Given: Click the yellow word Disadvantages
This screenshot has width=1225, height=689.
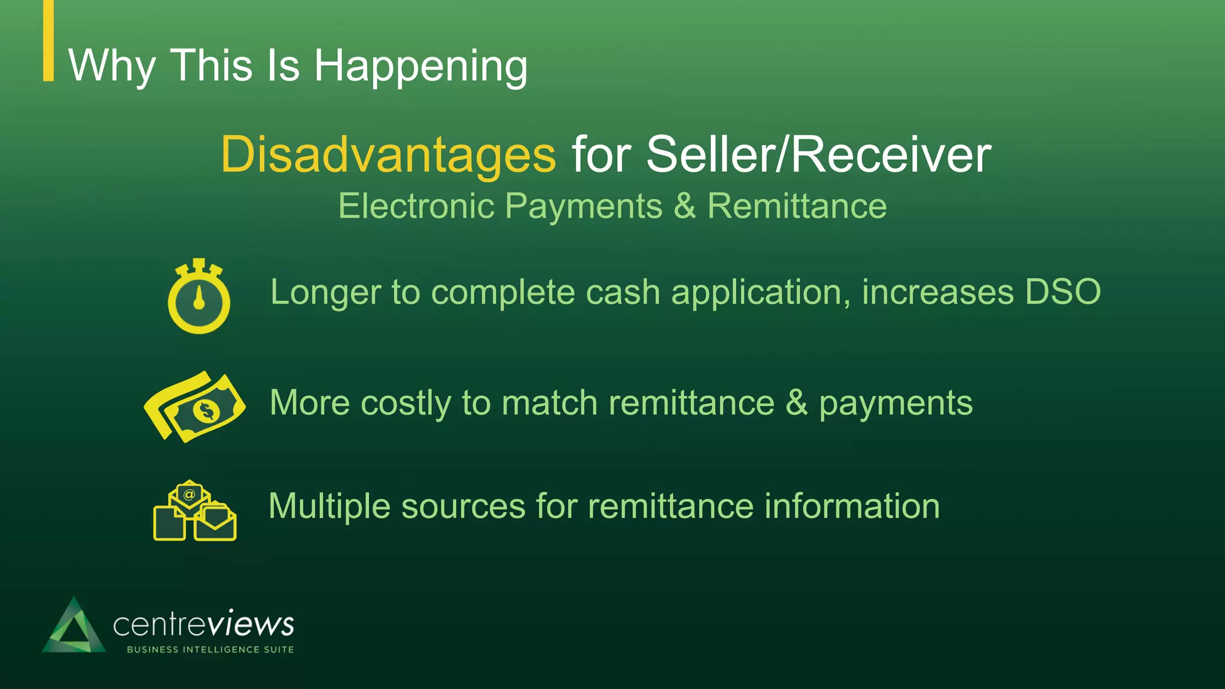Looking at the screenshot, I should (x=388, y=155).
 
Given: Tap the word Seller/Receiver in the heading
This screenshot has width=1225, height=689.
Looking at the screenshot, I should (x=818, y=155).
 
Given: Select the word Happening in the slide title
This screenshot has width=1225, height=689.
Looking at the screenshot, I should (x=420, y=66).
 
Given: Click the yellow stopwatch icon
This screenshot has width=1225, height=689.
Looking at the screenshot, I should (x=199, y=297).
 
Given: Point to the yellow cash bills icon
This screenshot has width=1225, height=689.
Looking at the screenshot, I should (x=194, y=407).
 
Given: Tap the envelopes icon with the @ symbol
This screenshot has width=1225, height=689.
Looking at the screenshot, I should (x=194, y=511).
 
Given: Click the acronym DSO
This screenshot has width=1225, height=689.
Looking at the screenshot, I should (x=1062, y=292).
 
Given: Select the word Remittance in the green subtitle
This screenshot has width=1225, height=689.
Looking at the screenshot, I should (x=797, y=206).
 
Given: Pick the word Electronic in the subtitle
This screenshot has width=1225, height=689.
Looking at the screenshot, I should (x=416, y=206).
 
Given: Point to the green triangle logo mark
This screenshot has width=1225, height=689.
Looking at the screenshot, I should (x=74, y=627).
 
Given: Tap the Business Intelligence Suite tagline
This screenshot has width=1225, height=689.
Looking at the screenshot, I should (x=210, y=650).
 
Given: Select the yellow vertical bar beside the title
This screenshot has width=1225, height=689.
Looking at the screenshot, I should (x=48, y=40).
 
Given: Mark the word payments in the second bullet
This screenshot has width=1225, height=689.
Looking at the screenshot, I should (x=895, y=403).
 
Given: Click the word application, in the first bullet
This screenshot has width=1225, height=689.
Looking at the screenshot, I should (x=760, y=292).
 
